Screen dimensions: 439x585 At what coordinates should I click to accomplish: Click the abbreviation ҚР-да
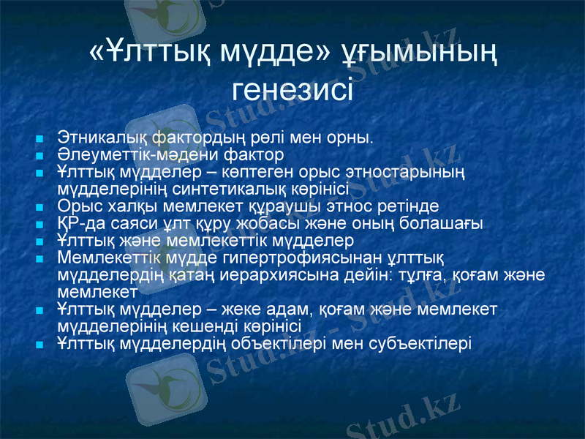point(77,222)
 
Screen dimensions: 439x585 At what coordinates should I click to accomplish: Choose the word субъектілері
point(418,342)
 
